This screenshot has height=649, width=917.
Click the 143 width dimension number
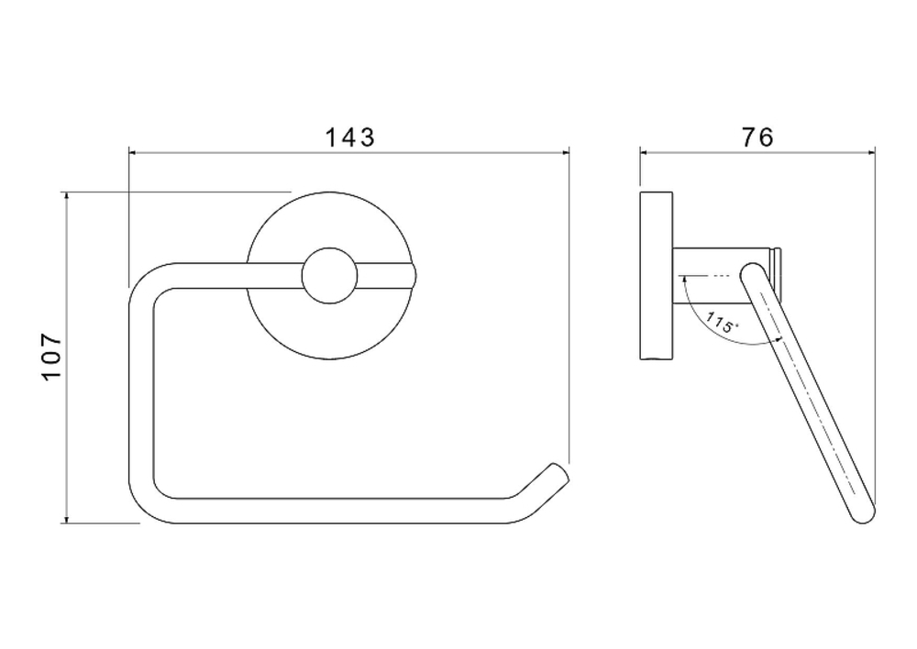click(349, 137)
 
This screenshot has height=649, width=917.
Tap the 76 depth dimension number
click(757, 137)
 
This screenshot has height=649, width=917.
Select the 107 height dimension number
click(51, 357)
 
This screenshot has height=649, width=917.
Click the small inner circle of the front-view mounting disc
click(329, 275)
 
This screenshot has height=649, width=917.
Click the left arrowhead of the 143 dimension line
click(132, 153)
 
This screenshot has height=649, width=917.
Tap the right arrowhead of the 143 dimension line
click(566, 153)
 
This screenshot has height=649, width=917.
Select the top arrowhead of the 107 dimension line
click(67, 195)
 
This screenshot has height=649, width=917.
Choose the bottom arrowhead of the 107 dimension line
click(67, 519)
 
